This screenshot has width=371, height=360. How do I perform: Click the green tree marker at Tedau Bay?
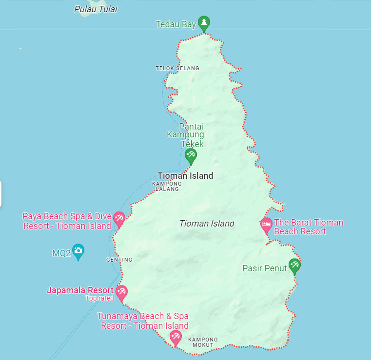[204, 23]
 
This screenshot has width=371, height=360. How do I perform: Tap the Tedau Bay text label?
[176, 24]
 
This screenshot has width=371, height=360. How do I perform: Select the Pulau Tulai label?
[96, 9]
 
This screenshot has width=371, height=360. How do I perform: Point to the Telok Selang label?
[177, 68]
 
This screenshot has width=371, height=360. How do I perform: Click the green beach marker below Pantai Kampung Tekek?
[190, 156]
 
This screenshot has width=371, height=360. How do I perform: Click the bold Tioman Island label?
[185, 176]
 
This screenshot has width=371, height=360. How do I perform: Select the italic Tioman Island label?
[207, 224]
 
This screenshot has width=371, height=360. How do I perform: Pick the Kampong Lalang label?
[167, 187]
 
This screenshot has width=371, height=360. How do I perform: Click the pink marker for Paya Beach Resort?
[118, 218]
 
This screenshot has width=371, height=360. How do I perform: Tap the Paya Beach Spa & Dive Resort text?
[67, 221]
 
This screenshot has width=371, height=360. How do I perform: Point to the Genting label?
[119, 260]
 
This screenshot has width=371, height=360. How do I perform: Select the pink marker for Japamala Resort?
[121, 292]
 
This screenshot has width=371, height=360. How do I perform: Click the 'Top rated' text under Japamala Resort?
[99, 298]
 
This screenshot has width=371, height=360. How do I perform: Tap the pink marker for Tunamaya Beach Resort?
[176, 337]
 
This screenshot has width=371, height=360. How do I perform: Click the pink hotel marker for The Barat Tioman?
[266, 225]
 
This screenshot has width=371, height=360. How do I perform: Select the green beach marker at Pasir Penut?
[294, 265]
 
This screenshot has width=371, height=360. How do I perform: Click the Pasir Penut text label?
[265, 268]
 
